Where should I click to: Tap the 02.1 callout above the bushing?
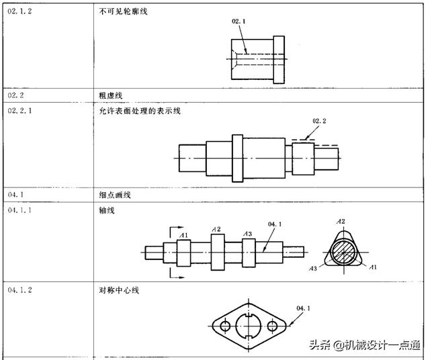coord(239,21)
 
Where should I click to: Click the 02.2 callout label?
coord(319,121)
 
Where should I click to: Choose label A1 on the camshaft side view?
coord(183,234)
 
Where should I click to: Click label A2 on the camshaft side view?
coord(216,229)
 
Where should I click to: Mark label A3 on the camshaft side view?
coord(247,234)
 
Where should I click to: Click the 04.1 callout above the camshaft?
coord(275,224)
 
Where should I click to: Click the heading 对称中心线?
coord(119,290)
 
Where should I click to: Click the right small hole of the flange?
coord(272,326)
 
